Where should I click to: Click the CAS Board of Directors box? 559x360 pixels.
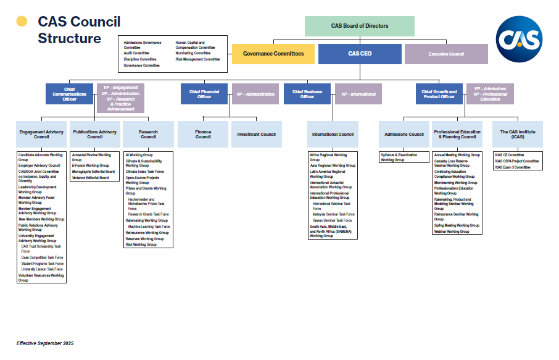coord(360,26)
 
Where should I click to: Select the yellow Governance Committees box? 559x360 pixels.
coord(273,54)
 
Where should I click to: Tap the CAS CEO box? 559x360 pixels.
coord(360,54)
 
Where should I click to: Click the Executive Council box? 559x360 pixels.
coord(446,54)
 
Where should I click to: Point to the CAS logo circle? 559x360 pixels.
coord(520,39)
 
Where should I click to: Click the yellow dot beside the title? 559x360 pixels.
coord(22,22)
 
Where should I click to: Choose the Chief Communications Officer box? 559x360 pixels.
coord(69,94)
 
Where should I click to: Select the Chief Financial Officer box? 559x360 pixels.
coord(204,94)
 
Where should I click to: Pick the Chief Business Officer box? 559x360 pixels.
coord(307,94)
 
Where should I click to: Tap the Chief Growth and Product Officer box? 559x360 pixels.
coord(439,94)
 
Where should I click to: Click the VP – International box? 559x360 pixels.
coord(358,94)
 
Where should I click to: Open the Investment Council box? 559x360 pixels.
coord(257,134)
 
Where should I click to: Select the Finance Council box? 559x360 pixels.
coord(203,134)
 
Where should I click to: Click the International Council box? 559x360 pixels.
coord(333,134)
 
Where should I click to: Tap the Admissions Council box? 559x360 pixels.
coord(404,134)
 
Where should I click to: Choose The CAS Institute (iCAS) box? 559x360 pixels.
coord(518,134)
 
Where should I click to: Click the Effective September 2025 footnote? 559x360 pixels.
coord(44,343)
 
